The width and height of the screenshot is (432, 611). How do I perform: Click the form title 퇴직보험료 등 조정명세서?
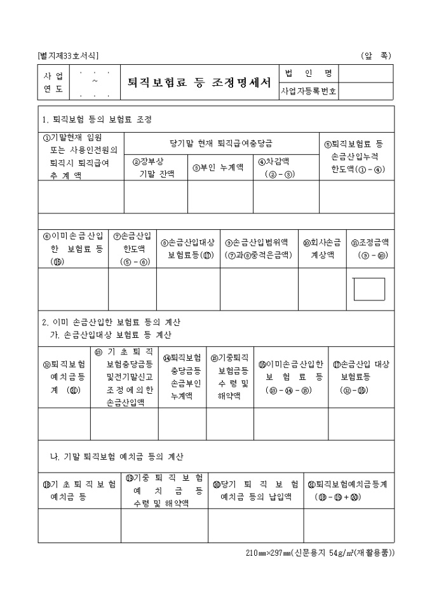[199, 83]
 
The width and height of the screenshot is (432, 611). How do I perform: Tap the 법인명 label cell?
[309, 73]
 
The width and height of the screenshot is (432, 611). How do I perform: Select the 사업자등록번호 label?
[309, 91]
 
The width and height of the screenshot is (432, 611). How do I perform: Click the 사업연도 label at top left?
[53, 83]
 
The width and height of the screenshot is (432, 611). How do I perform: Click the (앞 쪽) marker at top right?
[375, 56]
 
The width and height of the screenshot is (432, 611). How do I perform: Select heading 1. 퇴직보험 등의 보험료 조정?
[96, 119]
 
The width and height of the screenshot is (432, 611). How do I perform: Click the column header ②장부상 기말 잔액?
[155, 167]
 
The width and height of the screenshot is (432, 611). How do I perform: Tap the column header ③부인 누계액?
[219, 168]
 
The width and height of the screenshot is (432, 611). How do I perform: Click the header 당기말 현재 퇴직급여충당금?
[221, 144]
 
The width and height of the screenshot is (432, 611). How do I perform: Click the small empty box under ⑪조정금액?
[368, 289]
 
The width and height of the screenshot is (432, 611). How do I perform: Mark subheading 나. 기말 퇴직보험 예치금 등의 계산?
[117, 457]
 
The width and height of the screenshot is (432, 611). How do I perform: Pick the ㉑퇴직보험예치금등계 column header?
[347, 489]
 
